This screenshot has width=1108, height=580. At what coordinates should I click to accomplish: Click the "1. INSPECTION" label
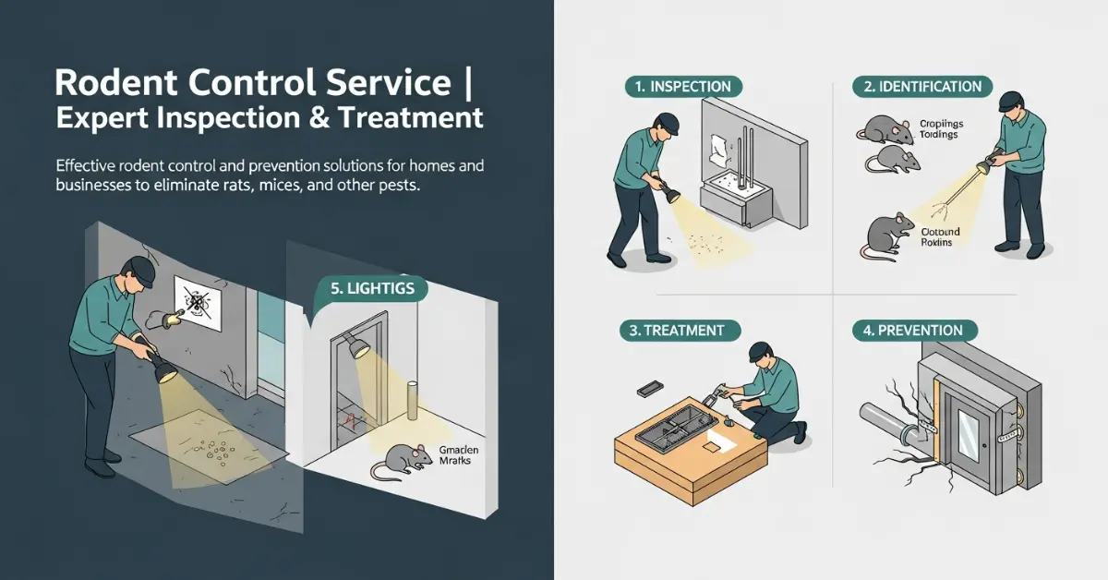[x=683, y=87]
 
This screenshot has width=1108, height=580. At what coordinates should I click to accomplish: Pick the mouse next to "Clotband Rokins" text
[x=884, y=235]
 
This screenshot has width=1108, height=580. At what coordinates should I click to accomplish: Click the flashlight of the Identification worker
[x=991, y=166]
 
